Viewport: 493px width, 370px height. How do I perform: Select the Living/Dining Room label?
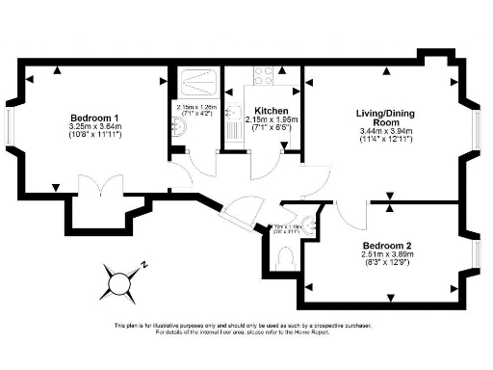point(384,118)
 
